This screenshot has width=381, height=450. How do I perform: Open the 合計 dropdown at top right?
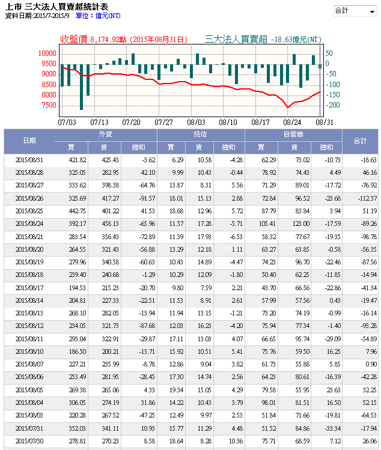354,11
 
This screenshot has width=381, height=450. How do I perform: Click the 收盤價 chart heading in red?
74,39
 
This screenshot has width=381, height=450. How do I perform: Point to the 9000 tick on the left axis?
48,74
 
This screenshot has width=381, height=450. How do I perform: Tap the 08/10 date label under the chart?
228,121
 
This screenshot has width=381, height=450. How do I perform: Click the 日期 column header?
29,141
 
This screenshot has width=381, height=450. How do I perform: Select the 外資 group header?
105,135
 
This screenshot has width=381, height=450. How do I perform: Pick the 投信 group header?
200,135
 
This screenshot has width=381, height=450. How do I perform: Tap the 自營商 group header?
293,135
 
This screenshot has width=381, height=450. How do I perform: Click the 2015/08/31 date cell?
29,160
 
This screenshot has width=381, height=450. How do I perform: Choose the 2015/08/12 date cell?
29,326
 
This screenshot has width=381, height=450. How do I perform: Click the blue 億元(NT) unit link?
106,16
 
